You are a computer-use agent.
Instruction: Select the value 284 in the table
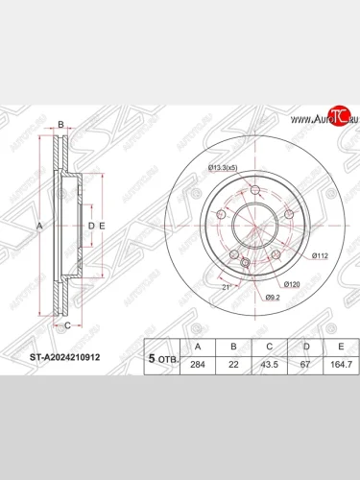coord(198,365)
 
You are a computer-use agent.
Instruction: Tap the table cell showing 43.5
coord(270,365)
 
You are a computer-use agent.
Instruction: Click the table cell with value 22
coord(234,365)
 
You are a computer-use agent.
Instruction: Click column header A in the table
coord(198,347)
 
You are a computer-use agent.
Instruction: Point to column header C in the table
coord(270,347)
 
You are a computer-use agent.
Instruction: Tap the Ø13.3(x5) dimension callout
coord(227,170)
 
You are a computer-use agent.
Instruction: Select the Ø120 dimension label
coord(294,286)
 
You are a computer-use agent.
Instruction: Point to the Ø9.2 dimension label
coord(274,298)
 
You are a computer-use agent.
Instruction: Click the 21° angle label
coord(227,286)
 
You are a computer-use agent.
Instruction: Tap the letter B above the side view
coord(60,126)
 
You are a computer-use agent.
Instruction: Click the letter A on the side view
coord(39,226)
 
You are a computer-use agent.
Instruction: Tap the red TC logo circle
coord(337,117)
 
